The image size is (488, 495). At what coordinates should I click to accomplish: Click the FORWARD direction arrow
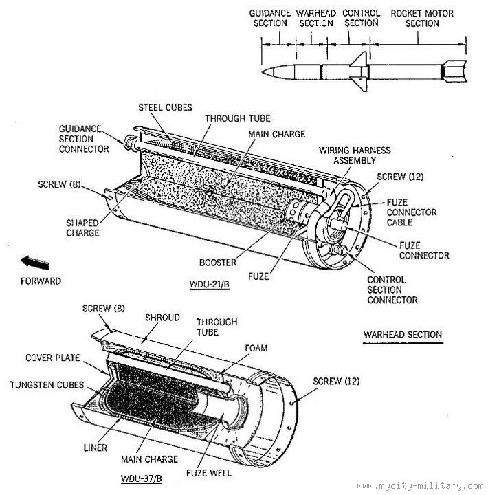click(35, 263)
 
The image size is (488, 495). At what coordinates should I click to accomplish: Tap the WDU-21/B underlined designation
click(209, 285)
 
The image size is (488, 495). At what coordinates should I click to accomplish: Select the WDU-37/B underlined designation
click(142, 478)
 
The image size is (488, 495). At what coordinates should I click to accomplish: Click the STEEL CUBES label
click(165, 107)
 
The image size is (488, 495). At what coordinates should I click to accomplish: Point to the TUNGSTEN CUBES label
click(47, 385)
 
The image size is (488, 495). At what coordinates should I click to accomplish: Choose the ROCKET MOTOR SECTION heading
click(422, 19)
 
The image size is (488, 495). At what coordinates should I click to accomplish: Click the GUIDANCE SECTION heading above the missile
click(270, 19)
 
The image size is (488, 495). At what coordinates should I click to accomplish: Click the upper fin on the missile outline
click(360, 59)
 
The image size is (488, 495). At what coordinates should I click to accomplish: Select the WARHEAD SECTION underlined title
click(403, 335)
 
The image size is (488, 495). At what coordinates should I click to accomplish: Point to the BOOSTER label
click(218, 263)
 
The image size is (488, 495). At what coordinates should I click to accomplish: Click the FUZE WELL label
click(209, 473)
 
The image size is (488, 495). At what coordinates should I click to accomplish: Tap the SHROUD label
click(163, 317)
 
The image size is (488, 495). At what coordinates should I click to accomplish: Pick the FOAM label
click(256, 348)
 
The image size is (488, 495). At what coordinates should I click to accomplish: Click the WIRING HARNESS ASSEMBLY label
click(355, 155)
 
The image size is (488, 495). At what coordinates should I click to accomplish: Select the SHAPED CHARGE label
click(82, 228)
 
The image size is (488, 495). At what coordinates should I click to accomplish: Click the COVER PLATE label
click(53, 357)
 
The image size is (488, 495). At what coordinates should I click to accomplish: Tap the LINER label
click(96, 448)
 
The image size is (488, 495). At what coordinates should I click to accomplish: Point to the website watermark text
click(420, 486)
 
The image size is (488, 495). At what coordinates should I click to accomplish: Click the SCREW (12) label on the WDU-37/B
click(337, 382)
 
